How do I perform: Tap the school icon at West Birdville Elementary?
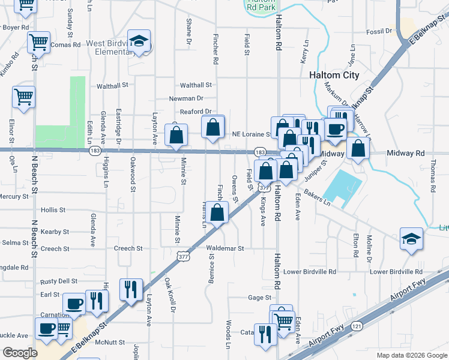point(139,42)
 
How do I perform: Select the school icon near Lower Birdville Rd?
point(411,239)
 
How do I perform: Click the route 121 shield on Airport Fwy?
point(357,326)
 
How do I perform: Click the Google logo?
point(19,353)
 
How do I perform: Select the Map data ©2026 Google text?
point(411,355)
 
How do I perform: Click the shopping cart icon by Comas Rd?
point(38,43)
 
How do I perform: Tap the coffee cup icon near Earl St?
point(74,303)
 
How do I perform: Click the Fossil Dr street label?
point(379,30)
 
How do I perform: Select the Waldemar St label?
point(225,248)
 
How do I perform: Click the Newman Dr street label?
point(186,98)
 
